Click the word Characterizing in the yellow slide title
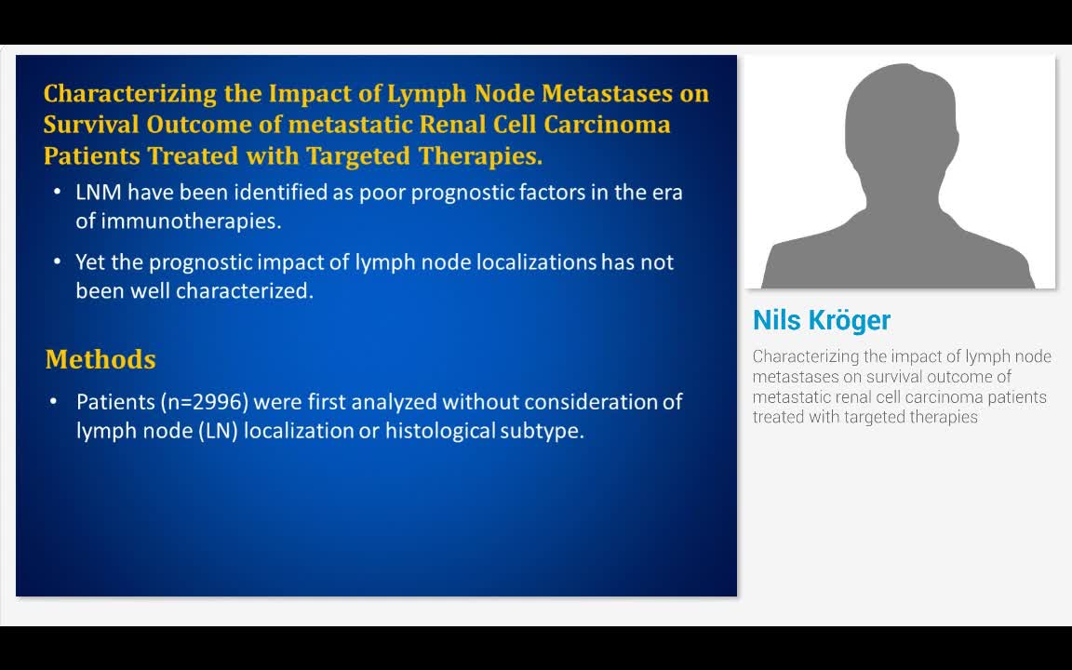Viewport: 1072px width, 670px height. (106, 94)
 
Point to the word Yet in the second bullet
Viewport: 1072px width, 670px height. (90, 262)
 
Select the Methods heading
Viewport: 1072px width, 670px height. (100, 359)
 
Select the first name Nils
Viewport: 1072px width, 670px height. (776, 320)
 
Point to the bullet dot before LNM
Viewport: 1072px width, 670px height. (57, 193)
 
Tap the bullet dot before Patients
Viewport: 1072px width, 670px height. (57, 402)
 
